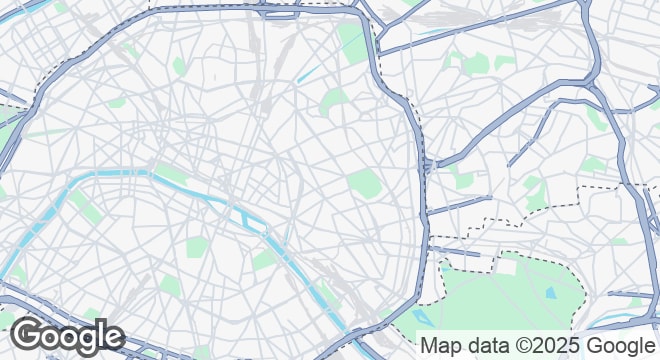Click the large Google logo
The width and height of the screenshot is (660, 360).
click(67, 337)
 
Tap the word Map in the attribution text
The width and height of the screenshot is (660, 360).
click(441, 345)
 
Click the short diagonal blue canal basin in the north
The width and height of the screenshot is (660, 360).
click(309, 73)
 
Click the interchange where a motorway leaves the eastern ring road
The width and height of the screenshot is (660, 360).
click(427, 165)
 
